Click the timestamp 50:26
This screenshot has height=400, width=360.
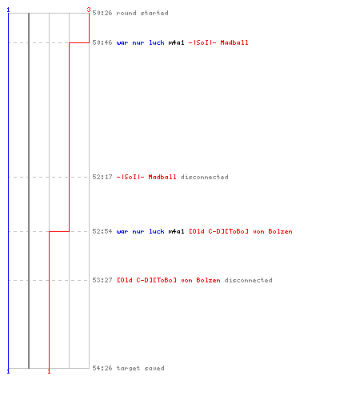(102, 13)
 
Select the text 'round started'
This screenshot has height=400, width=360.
(142, 13)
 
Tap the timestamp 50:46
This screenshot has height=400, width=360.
(102, 42)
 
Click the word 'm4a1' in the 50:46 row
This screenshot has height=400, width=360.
(176, 42)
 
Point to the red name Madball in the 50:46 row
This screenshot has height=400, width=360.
(234, 42)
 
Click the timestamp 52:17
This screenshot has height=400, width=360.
(102, 177)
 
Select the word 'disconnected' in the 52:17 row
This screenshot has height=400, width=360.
(204, 177)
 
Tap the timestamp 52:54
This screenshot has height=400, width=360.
(102, 231)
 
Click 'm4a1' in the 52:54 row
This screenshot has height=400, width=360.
(176, 231)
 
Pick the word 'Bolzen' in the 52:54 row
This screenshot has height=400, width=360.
(280, 231)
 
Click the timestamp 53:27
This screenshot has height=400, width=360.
(102, 280)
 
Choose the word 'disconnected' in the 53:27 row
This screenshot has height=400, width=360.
(248, 280)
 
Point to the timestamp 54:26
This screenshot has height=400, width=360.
(102, 368)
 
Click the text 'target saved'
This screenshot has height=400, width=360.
(140, 368)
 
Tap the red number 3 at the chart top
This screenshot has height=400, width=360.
(89, 10)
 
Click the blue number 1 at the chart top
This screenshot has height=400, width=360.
(8, 10)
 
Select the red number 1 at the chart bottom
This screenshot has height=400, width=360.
(49, 371)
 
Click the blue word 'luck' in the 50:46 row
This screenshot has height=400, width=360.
(156, 42)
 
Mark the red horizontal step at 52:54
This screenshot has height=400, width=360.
(59, 231)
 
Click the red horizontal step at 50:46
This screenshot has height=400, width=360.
(79, 42)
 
